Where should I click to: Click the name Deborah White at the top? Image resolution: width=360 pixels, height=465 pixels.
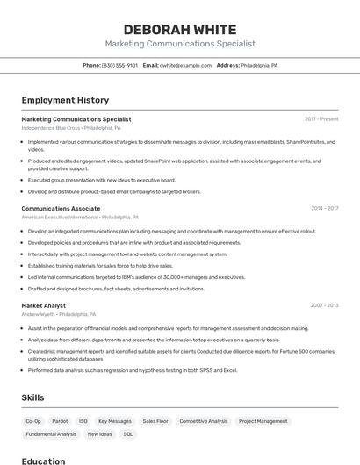click(180, 29)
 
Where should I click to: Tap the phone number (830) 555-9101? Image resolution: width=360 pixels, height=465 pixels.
click(119, 65)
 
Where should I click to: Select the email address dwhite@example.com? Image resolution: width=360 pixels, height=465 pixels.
click(185, 65)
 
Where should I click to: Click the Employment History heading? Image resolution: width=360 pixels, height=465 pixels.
click(65, 100)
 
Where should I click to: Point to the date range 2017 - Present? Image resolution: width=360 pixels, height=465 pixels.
click(321, 119)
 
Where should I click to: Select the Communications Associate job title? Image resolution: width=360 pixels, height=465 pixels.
click(61, 208)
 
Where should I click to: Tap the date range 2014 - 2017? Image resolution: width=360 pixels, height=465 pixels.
click(324, 208)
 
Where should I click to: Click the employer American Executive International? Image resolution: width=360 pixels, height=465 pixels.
click(60, 217)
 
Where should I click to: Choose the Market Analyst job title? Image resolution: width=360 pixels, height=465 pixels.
click(44, 305)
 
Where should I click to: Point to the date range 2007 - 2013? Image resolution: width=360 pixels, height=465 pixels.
click(324, 305)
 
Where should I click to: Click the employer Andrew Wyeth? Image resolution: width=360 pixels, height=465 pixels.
click(39, 314)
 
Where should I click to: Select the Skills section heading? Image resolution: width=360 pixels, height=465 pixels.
click(32, 397)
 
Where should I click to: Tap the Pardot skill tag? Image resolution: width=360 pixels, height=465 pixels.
click(60, 421)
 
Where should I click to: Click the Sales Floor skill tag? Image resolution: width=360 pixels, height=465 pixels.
click(155, 421)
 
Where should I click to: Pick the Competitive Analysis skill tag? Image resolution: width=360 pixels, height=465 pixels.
click(203, 421)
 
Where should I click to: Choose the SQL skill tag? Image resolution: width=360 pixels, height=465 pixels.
click(128, 434)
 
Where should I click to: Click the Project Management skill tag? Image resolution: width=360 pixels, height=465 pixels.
click(263, 421)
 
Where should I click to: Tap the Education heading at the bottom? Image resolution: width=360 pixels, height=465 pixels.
click(43, 461)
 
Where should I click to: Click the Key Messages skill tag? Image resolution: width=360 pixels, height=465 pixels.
click(115, 421)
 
